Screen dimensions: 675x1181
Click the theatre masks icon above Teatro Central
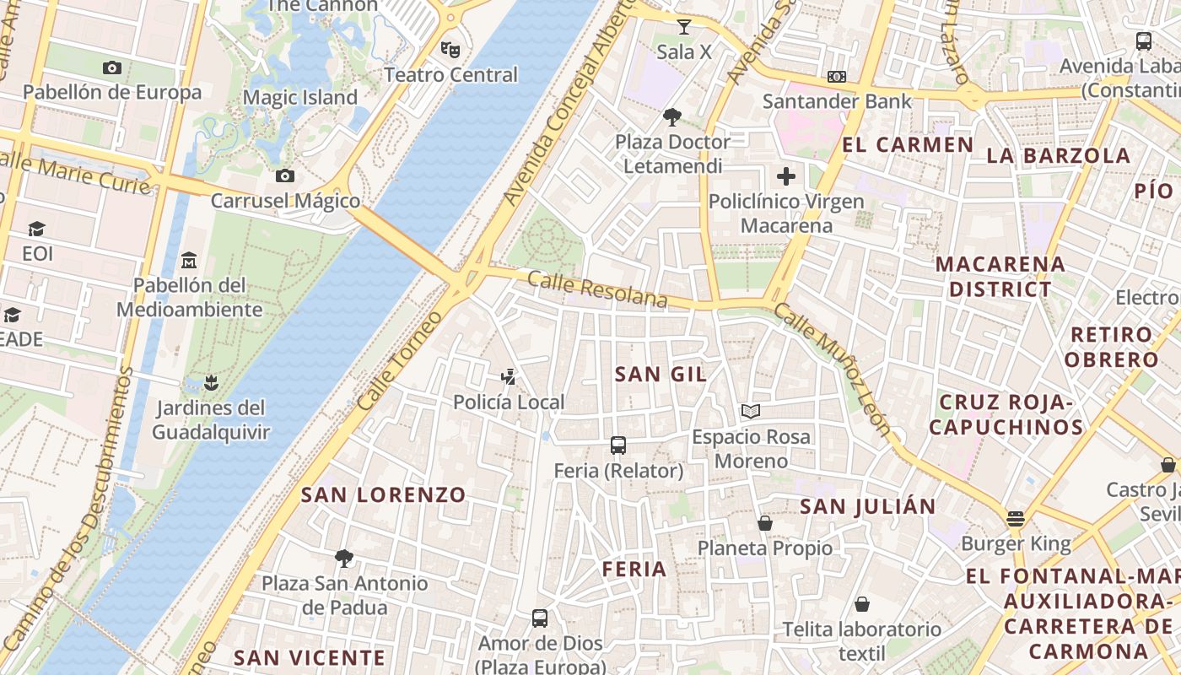point(451,50)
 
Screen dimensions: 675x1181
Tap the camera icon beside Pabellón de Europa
point(111,67)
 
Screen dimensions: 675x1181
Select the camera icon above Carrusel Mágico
point(285,175)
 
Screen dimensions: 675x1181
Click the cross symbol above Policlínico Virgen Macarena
point(786,176)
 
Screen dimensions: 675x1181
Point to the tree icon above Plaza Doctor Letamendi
point(672,116)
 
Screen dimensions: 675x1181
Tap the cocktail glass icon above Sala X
point(684,27)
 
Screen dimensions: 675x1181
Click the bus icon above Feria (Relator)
point(618,445)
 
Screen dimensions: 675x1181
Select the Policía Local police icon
point(509,376)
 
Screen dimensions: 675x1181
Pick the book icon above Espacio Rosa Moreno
point(751,412)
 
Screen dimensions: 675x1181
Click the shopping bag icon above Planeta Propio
point(765,523)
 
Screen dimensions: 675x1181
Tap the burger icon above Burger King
point(1016,518)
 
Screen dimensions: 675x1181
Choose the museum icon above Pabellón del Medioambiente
point(189,260)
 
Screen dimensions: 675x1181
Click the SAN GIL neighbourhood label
point(661,374)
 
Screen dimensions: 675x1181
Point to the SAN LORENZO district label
point(383,494)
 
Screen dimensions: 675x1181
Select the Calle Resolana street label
point(597,289)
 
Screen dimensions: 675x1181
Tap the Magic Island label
point(300,98)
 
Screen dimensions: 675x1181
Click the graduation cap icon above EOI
point(36,229)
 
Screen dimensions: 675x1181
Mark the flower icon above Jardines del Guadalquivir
point(211,383)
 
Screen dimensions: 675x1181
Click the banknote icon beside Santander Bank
point(837,77)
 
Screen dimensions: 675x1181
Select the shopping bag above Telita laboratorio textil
point(862,604)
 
